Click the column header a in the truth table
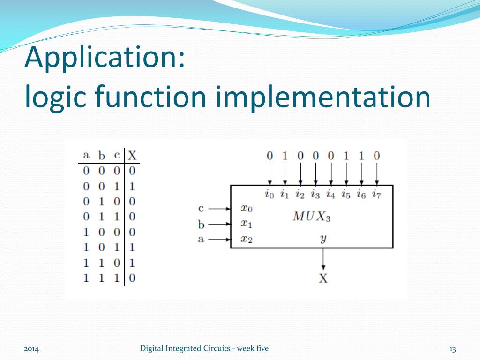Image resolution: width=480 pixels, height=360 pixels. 86,155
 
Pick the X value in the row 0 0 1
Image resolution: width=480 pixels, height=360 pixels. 132,186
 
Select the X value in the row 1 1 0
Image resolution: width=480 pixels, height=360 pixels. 132,262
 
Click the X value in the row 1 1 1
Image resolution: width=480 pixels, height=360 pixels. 132,278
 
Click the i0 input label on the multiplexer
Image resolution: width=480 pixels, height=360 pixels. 269,194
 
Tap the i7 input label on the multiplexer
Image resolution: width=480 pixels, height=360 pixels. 376,194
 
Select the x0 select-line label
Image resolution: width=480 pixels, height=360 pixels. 247,209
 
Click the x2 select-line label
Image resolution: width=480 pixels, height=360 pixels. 247,239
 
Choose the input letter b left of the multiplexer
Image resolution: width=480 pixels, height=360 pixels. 201,224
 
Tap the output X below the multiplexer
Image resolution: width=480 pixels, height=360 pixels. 323,278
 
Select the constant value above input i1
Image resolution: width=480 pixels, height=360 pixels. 285,155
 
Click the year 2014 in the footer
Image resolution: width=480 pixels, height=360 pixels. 31,349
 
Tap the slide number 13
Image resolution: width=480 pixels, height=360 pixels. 452,349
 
